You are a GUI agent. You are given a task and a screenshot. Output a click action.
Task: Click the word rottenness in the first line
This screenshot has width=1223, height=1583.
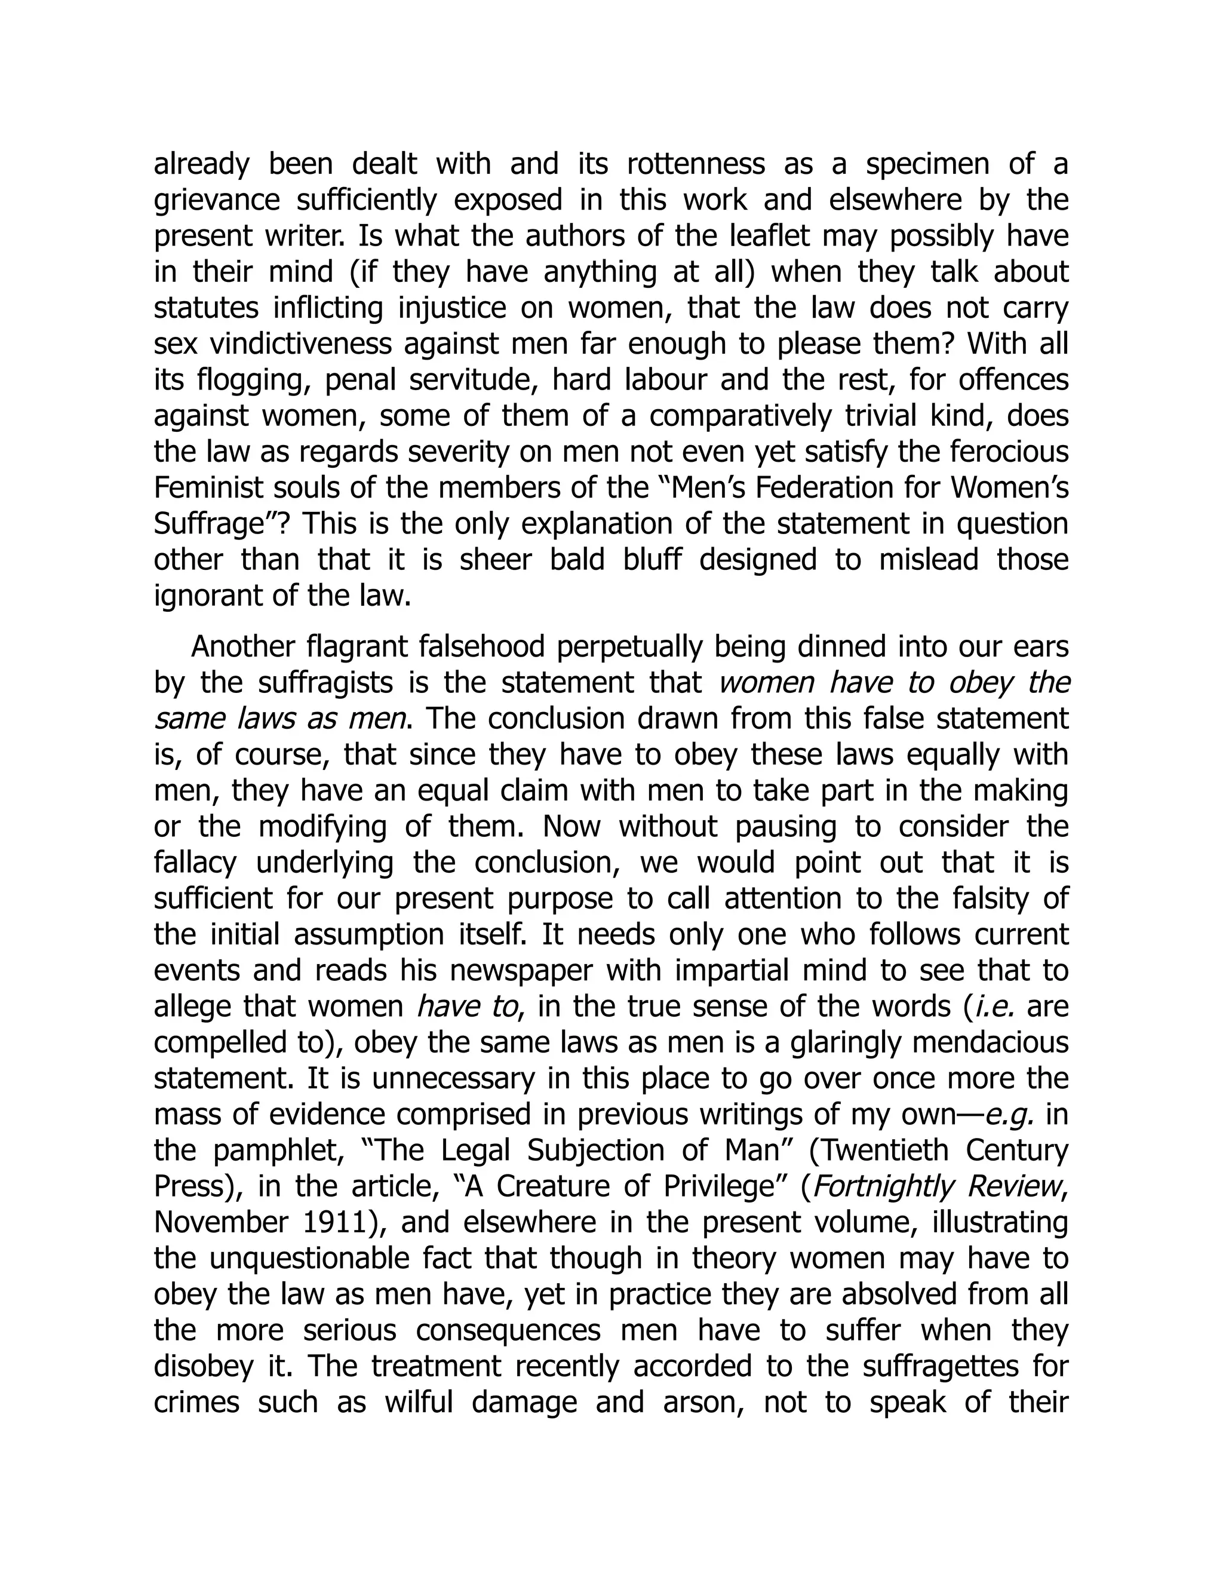[x=695, y=164]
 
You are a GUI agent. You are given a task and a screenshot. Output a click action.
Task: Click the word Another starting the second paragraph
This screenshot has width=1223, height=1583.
[x=242, y=646]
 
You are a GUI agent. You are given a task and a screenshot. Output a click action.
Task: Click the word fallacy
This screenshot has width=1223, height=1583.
[x=195, y=863]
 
